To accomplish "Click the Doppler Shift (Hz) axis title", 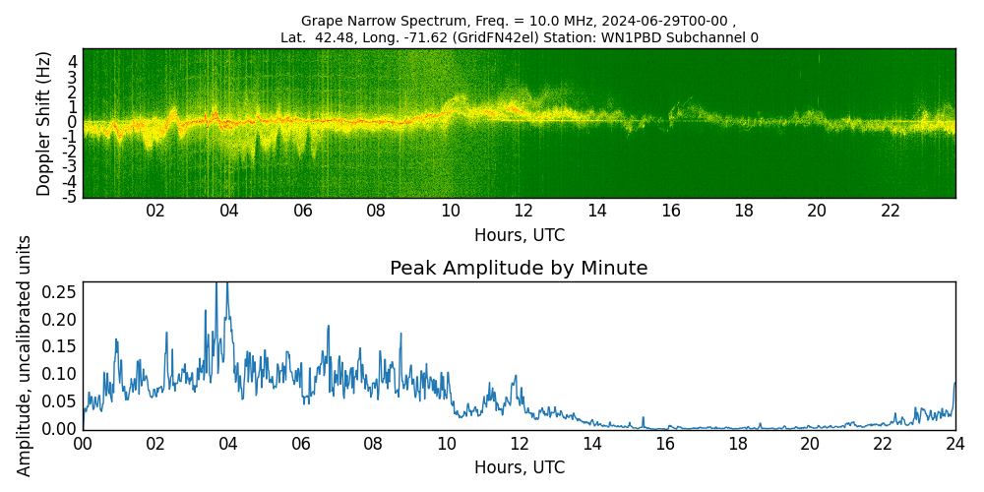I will click(x=44, y=123).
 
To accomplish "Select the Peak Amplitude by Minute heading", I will click(x=519, y=268).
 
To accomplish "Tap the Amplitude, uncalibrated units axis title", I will click(x=25, y=355).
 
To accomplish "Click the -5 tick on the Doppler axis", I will click(x=71, y=197).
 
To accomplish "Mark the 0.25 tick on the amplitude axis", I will click(x=60, y=292).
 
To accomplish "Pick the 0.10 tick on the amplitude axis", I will click(x=60, y=374).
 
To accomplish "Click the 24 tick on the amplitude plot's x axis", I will click(x=954, y=443).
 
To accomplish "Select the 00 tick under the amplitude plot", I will click(x=83, y=443).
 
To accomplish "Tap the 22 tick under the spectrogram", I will click(x=891, y=211).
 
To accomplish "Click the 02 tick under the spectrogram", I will click(x=155, y=211).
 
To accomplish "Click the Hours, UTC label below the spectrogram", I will click(x=519, y=235).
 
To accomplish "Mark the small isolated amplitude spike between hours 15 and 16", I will click(x=643, y=417).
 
